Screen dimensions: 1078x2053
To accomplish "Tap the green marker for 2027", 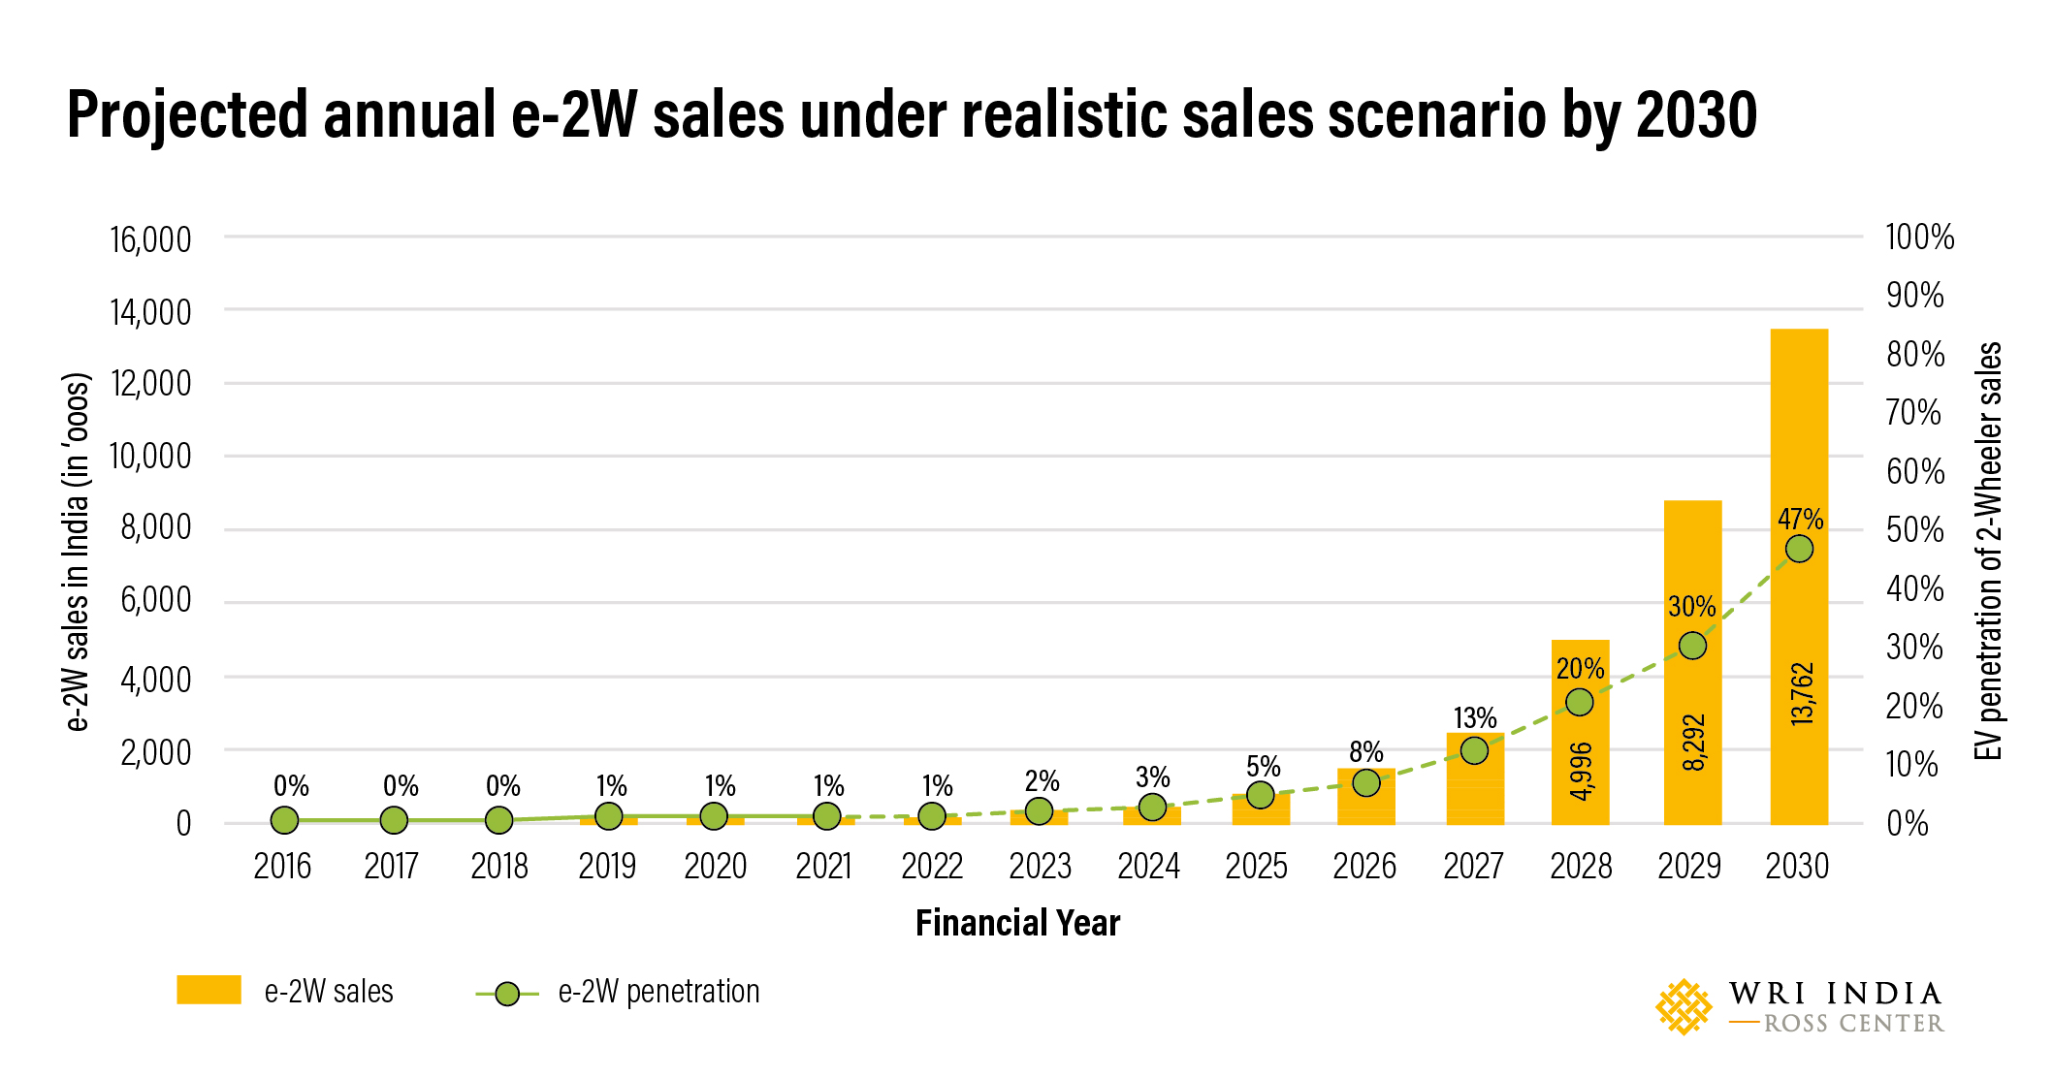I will [x=1474, y=750].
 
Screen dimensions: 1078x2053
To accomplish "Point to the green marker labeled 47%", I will [x=1799, y=549].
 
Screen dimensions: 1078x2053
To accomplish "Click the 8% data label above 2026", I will [x=1365, y=752].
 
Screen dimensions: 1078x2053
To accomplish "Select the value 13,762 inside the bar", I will [x=1801, y=694].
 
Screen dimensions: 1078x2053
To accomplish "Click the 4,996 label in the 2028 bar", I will [x=1581, y=772].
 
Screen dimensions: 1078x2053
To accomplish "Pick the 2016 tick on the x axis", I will [x=282, y=866].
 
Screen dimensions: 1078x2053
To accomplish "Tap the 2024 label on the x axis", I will [x=1148, y=866].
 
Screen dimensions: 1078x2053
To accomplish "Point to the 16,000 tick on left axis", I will [x=150, y=239].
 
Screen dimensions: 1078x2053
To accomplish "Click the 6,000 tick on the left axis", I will [x=155, y=600].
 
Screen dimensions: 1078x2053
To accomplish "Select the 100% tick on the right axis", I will [x=1919, y=238].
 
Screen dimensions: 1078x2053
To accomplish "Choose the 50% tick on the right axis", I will [x=1914, y=530].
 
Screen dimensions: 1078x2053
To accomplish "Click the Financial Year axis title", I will [x=1017, y=923].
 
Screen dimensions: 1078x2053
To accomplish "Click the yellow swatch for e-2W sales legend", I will [x=209, y=990].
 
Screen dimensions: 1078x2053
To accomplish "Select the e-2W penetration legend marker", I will [x=506, y=994].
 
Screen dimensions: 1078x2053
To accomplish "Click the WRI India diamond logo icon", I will [x=1684, y=1006].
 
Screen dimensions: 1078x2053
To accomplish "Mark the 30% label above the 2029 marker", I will [x=1691, y=607].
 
